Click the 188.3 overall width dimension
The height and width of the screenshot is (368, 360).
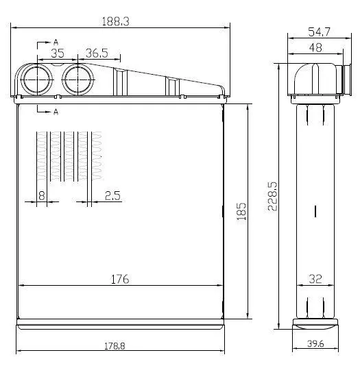115,22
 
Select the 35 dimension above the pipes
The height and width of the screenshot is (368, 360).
58,53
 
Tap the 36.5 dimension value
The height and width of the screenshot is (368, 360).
97,53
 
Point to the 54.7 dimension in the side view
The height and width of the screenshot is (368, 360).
319,32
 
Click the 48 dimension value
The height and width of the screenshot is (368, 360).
315,48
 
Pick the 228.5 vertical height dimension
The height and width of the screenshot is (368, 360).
272,197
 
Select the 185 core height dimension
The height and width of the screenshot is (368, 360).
241,211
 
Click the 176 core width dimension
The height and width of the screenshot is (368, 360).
120,280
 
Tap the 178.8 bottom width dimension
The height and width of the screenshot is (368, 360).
115,346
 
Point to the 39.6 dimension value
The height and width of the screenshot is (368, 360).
315,344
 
